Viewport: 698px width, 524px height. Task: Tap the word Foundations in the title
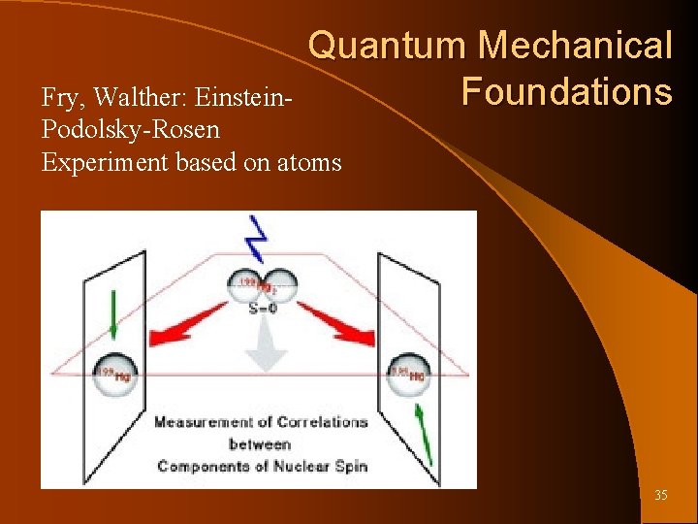(566, 92)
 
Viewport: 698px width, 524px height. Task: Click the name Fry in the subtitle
(56, 98)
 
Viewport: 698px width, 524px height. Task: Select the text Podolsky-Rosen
(131, 130)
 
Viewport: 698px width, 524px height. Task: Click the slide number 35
(660, 496)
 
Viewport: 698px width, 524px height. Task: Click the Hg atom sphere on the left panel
(114, 371)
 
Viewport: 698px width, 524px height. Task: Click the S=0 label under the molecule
(259, 309)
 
